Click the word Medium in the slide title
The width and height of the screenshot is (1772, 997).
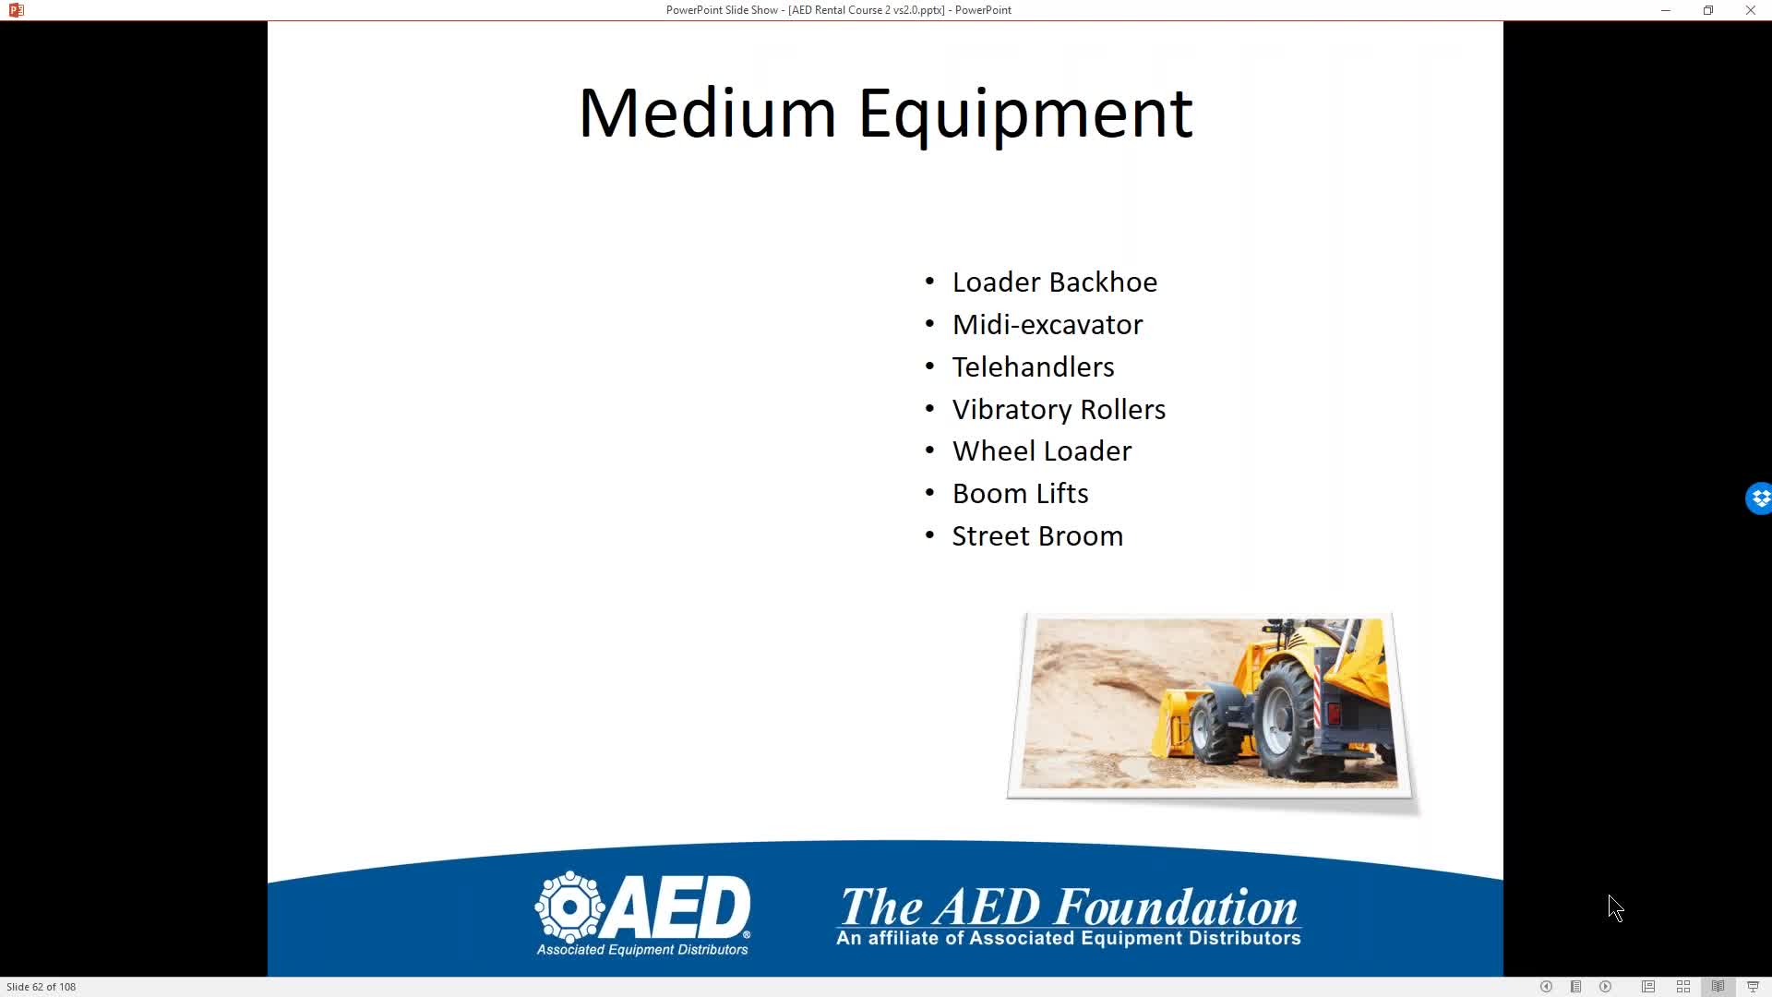tap(707, 113)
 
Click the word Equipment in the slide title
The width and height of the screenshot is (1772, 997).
tap(1025, 115)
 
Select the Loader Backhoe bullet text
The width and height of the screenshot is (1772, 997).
tap(1054, 282)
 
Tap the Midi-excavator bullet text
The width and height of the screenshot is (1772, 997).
tap(1047, 325)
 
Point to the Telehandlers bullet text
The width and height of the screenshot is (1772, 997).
tap(1033, 367)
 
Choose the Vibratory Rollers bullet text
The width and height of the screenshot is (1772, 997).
tap(1059, 410)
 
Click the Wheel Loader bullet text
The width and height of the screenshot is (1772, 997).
tap(1041, 451)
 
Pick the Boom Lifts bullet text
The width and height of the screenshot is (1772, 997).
tap(1020, 494)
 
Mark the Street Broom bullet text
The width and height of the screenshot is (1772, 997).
tap(1037, 536)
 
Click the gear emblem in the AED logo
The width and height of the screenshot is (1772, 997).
tap(569, 907)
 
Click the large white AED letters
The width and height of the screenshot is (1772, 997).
tap(678, 906)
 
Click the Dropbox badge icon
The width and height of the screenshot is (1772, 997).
tap(1759, 498)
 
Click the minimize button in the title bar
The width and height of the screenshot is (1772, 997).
tap(1666, 10)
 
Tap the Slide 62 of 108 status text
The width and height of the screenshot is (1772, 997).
tap(42, 987)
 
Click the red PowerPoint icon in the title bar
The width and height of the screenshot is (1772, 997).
tap(16, 10)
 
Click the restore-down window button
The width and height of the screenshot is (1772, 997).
tap(1708, 10)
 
